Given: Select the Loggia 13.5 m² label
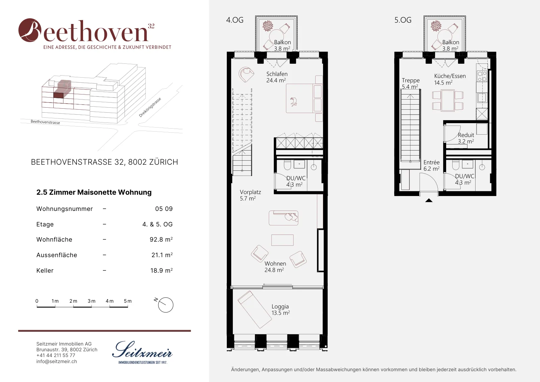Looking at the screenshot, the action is [x=280, y=310].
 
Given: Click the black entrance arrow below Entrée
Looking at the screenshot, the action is [x=429, y=200].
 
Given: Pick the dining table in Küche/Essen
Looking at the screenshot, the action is [x=448, y=101].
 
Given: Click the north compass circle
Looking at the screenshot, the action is [x=166, y=305].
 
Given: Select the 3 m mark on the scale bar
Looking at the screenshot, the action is [x=91, y=301].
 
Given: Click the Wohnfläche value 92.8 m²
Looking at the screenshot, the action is [x=161, y=239].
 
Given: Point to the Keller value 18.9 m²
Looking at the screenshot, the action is [x=161, y=270].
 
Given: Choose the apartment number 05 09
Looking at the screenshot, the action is [x=164, y=209].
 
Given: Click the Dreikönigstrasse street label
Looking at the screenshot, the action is [x=150, y=107].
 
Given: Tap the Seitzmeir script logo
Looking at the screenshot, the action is [x=142, y=350].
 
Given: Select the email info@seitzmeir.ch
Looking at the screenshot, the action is [x=57, y=361].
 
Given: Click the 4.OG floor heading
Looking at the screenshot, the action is [x=235, y=20].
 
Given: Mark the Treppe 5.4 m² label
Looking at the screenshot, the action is [x=410, y=83].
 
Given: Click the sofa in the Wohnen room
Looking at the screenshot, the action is [x=283, y=218].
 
